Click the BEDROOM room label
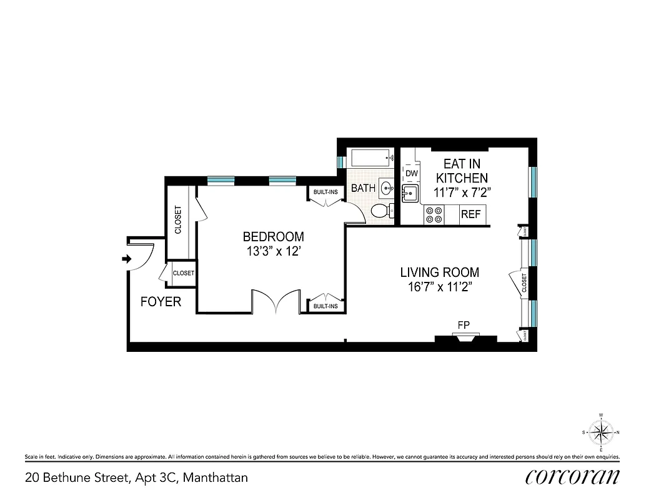click(x=273, y=237)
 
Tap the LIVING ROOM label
click(x=439, y=272)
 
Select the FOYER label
click(x=161, y=302)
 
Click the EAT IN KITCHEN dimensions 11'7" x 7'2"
click(x=462, y=193)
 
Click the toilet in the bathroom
click(x=379, y=211)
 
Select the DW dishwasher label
click(x=411, y=173)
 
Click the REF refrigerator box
click(x=470, y=214)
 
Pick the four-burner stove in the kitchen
click(x=434, y=215)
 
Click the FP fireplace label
click(x=464, y=324)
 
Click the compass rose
click(x=600, y=432)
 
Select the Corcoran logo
click(x=572, y=476)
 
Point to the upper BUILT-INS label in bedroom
click(x=325, y=192)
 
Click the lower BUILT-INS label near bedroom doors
click(x=325, y=306)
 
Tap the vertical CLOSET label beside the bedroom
click(x=178, y=220)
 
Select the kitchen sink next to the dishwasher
click(x=409, y=194)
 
